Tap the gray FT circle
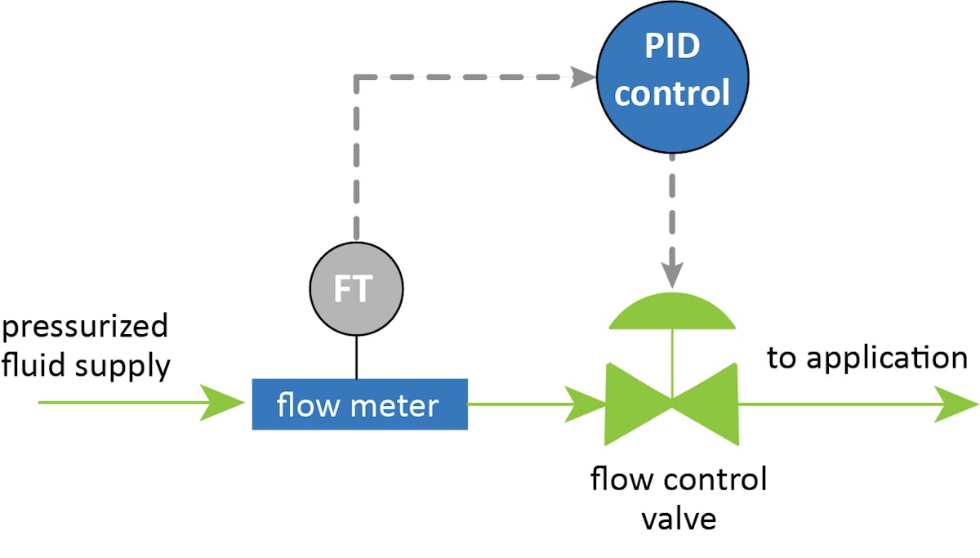[x=357, y=289]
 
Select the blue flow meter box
[x=359, y=404]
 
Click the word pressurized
[x=84, y=327]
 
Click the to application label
[x=866, y=358]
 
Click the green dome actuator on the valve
[x=671, y=314]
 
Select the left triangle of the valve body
[x=633, y=403]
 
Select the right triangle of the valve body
[x=710, y=403]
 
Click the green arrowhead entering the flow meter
[x=225, y=404]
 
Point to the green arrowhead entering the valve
[x=586, y=404]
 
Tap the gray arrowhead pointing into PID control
[x=581, y=78]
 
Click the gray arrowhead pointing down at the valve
[x=671, y=275]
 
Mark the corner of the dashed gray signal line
[x=357, y=78]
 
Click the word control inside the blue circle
[x=671, y=93]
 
